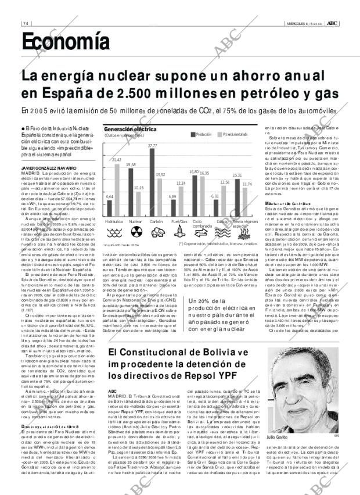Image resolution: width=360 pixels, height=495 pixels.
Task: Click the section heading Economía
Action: [65, 41]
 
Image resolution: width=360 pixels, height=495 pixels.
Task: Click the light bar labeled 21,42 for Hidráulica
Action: [117, 189]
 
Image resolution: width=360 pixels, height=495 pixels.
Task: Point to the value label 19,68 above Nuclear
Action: [131, 165]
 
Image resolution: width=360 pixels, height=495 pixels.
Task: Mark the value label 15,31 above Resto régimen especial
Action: [237, 175]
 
